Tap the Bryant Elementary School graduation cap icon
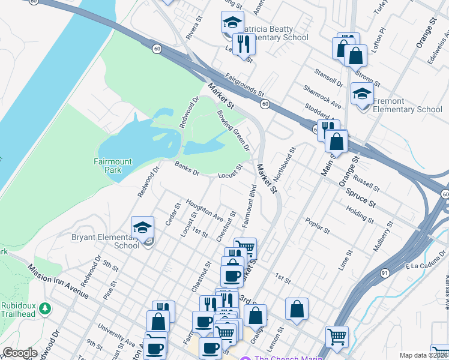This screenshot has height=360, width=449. (142, 227)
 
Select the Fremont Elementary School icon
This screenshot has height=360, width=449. (361, 94)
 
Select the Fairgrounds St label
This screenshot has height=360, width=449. (245, 85)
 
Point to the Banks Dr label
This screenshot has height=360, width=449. (187, 169)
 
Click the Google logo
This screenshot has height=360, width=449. (20, 353)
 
